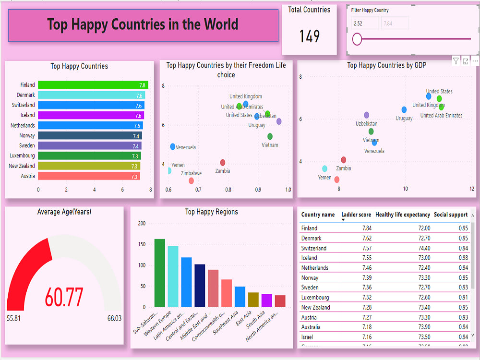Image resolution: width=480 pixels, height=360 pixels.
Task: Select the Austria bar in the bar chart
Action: pyautogui.click(x=89, y=176)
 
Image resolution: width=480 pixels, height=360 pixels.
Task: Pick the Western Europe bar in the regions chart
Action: pyautogui.click(x=173, y=276)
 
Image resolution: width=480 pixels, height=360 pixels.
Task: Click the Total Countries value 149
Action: pyautogui.click(x=310, y=36)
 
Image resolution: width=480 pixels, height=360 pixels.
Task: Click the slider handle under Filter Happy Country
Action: pyautogui.click(x=357, y=39)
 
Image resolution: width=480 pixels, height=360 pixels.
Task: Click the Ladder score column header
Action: pyautogui.click(x=356, y=215)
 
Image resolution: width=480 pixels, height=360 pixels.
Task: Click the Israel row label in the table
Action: pyautogui.click(x=308, y=337)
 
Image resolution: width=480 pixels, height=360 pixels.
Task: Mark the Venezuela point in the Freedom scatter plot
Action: pyautogui.click(x=172, y=146)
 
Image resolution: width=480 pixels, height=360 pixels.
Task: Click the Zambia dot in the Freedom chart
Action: pyautogui.click(x=222, y=163)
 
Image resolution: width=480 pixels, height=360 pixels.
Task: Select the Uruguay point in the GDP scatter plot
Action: pyautogui.click(x=404, y=110)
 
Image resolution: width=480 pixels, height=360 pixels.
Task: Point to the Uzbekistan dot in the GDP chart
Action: pyautogui.click(x=366, y=115)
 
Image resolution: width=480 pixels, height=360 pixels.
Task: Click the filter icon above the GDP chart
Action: pyautogui.click(x=456, y=61)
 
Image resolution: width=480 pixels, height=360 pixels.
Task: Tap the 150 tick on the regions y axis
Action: pyautogui.click(x=142, y=244)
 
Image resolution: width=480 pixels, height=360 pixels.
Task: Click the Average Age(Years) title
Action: pyautogui.click(x=64, y=212)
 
